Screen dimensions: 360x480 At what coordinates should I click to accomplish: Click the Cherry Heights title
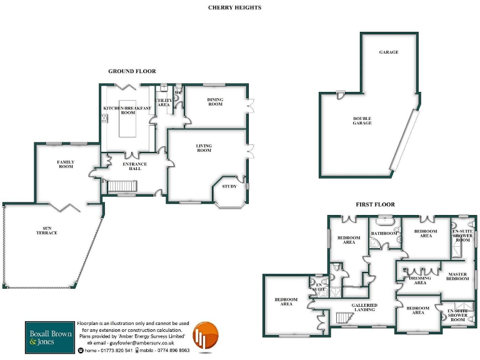click(235, 7)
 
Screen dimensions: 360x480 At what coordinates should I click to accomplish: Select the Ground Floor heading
click(132, 71)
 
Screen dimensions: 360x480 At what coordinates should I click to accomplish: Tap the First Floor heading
click(375, 204)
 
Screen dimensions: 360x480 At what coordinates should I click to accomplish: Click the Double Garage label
click(362, 121)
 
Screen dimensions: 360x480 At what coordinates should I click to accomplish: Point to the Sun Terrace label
click(46, 231)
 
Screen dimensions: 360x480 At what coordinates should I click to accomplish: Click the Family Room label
click(66, 164)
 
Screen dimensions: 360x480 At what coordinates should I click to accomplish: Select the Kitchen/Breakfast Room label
click(127, 110)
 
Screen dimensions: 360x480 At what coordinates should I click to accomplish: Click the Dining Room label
click(215, 102)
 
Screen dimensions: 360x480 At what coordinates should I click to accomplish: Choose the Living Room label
click(204, 148)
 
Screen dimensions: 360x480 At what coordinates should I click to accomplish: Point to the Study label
click(229, 186)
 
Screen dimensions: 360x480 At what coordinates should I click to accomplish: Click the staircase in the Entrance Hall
click(121, 186)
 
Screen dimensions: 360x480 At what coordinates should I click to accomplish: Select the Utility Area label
click(163, 102)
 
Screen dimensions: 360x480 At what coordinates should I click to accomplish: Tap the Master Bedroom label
click(457, 276)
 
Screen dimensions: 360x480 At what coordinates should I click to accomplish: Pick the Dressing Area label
click(420, 280)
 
